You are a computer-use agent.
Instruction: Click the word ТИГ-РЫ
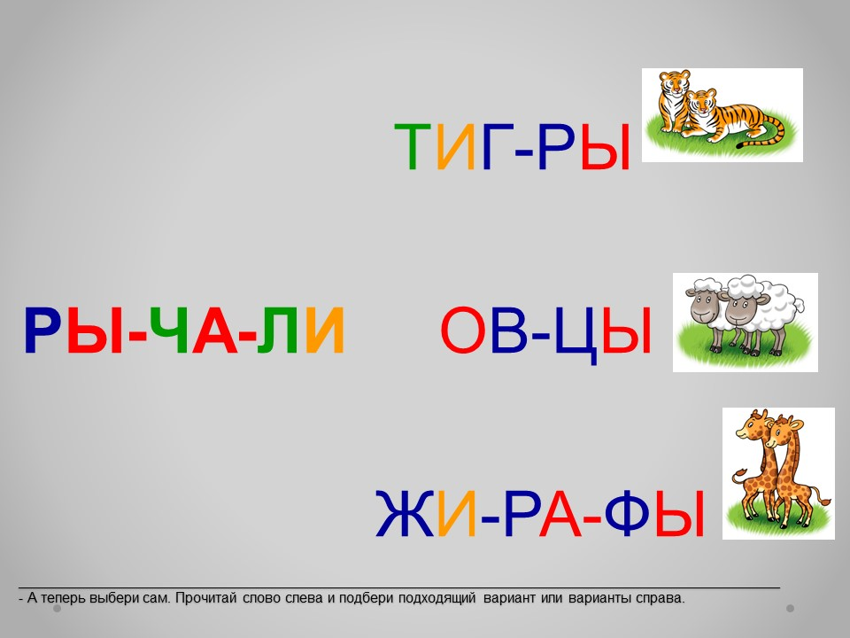(513, 146)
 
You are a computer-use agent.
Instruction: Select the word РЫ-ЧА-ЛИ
(184, 331)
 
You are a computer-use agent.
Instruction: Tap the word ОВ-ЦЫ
(546, 332)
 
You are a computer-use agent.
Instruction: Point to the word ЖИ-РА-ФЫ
(540, 513)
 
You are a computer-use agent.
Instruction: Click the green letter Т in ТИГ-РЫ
(412, 146)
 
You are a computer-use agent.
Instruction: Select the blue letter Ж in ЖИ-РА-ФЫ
(405, 513)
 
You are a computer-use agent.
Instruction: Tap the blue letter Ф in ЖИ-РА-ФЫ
(627, 513)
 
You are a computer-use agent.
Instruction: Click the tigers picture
(722, 114)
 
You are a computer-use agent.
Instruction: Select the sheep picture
(746, 323)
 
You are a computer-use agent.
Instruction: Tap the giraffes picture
(778, 473)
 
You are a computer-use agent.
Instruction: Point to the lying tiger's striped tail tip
(740, 145)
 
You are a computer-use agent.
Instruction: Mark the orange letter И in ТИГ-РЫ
(456, 146)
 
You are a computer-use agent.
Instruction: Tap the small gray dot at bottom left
(58, 609)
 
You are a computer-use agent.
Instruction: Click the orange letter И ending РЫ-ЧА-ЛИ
(325, 331)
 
